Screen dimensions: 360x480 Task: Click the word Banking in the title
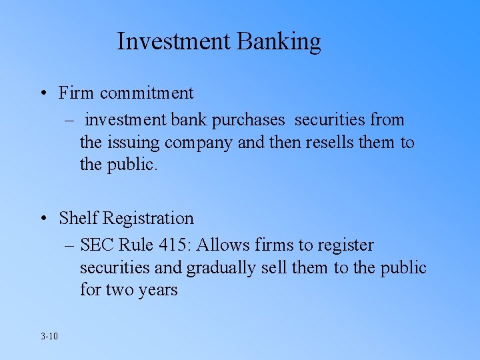(x=278, y=42)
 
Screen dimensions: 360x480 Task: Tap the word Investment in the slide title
(x=174, y=41)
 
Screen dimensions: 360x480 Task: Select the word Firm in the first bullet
(x=74, y=93)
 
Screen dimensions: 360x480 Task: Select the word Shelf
(x=78, y=218)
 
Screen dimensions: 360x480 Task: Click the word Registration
(x=148, y=219)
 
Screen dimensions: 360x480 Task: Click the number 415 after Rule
(x=173, y=245)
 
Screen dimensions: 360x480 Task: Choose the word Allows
(x=220, y=245)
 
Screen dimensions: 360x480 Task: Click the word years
(x=159, y=291)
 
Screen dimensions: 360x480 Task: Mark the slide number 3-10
(x=49, y=336)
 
